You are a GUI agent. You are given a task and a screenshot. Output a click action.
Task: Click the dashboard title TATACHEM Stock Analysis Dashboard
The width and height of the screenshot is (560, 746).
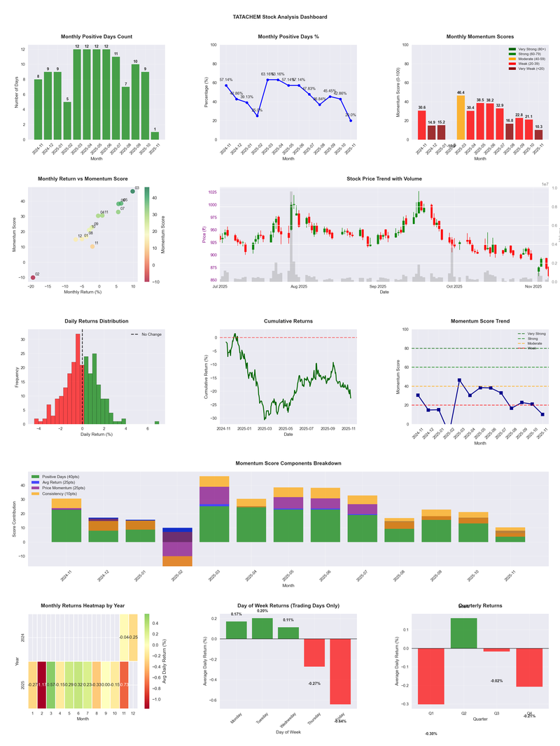click(279, 17)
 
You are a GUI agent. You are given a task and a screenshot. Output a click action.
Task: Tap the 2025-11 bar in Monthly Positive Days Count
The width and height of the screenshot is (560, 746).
click(155, 136)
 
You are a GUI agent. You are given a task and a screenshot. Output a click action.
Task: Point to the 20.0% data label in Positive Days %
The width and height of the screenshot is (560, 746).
click(350, 115)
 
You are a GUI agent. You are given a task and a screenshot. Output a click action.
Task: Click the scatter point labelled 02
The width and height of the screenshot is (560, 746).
click(32, 278)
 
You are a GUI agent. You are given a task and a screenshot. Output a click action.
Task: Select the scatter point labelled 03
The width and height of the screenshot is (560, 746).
click(133, 191)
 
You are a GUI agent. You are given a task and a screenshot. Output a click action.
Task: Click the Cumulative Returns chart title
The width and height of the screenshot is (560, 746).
click(288, 321)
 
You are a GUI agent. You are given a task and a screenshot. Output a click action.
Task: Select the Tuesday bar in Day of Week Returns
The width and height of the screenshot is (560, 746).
click(262, 628)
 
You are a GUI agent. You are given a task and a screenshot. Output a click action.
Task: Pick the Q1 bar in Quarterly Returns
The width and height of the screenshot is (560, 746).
click(431, 676)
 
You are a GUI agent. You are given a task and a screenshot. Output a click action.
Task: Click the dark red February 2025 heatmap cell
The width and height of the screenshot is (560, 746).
click(42, 685)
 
